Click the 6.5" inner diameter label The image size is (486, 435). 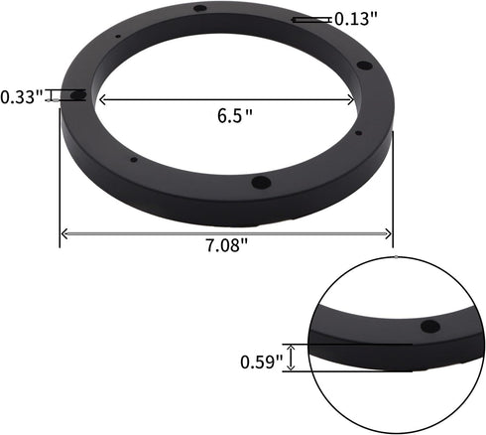pos(235,114)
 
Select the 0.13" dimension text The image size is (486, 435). pos(354,18)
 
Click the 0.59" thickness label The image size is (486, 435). pos(261,361)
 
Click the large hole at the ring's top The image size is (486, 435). pos(200,9)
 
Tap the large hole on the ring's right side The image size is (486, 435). pos(363,67)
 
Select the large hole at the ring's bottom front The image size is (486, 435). pos(261,182)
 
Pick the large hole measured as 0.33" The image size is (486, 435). pos(78,95)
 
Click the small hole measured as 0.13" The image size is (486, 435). pos(294,18)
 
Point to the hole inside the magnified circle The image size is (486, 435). pos(429,326)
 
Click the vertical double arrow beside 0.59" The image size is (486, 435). pos(291,358)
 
